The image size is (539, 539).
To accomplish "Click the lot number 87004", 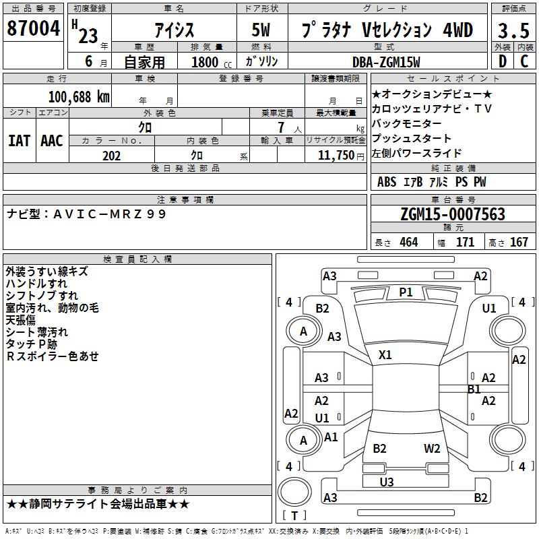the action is coord(32,29).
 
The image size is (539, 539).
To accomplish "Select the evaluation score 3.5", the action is coord(513,30).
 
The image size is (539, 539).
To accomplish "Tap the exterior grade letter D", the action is coord(502,61).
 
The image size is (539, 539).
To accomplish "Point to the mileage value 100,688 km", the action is coord(79,96).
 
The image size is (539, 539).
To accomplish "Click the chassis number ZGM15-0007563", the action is coord(452,214).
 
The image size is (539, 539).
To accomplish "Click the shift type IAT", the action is coord(19,141).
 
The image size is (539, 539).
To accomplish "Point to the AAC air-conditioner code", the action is coord(52,141).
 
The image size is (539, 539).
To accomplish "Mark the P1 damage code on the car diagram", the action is coord(406,292).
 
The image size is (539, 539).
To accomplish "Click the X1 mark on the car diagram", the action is coord(385,354).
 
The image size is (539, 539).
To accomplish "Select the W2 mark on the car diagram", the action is coord(432,449).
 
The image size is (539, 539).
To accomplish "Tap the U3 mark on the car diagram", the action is coord(387,482).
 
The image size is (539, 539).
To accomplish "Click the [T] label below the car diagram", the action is coord(294,516).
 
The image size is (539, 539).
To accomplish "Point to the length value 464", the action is coord(408,243).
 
